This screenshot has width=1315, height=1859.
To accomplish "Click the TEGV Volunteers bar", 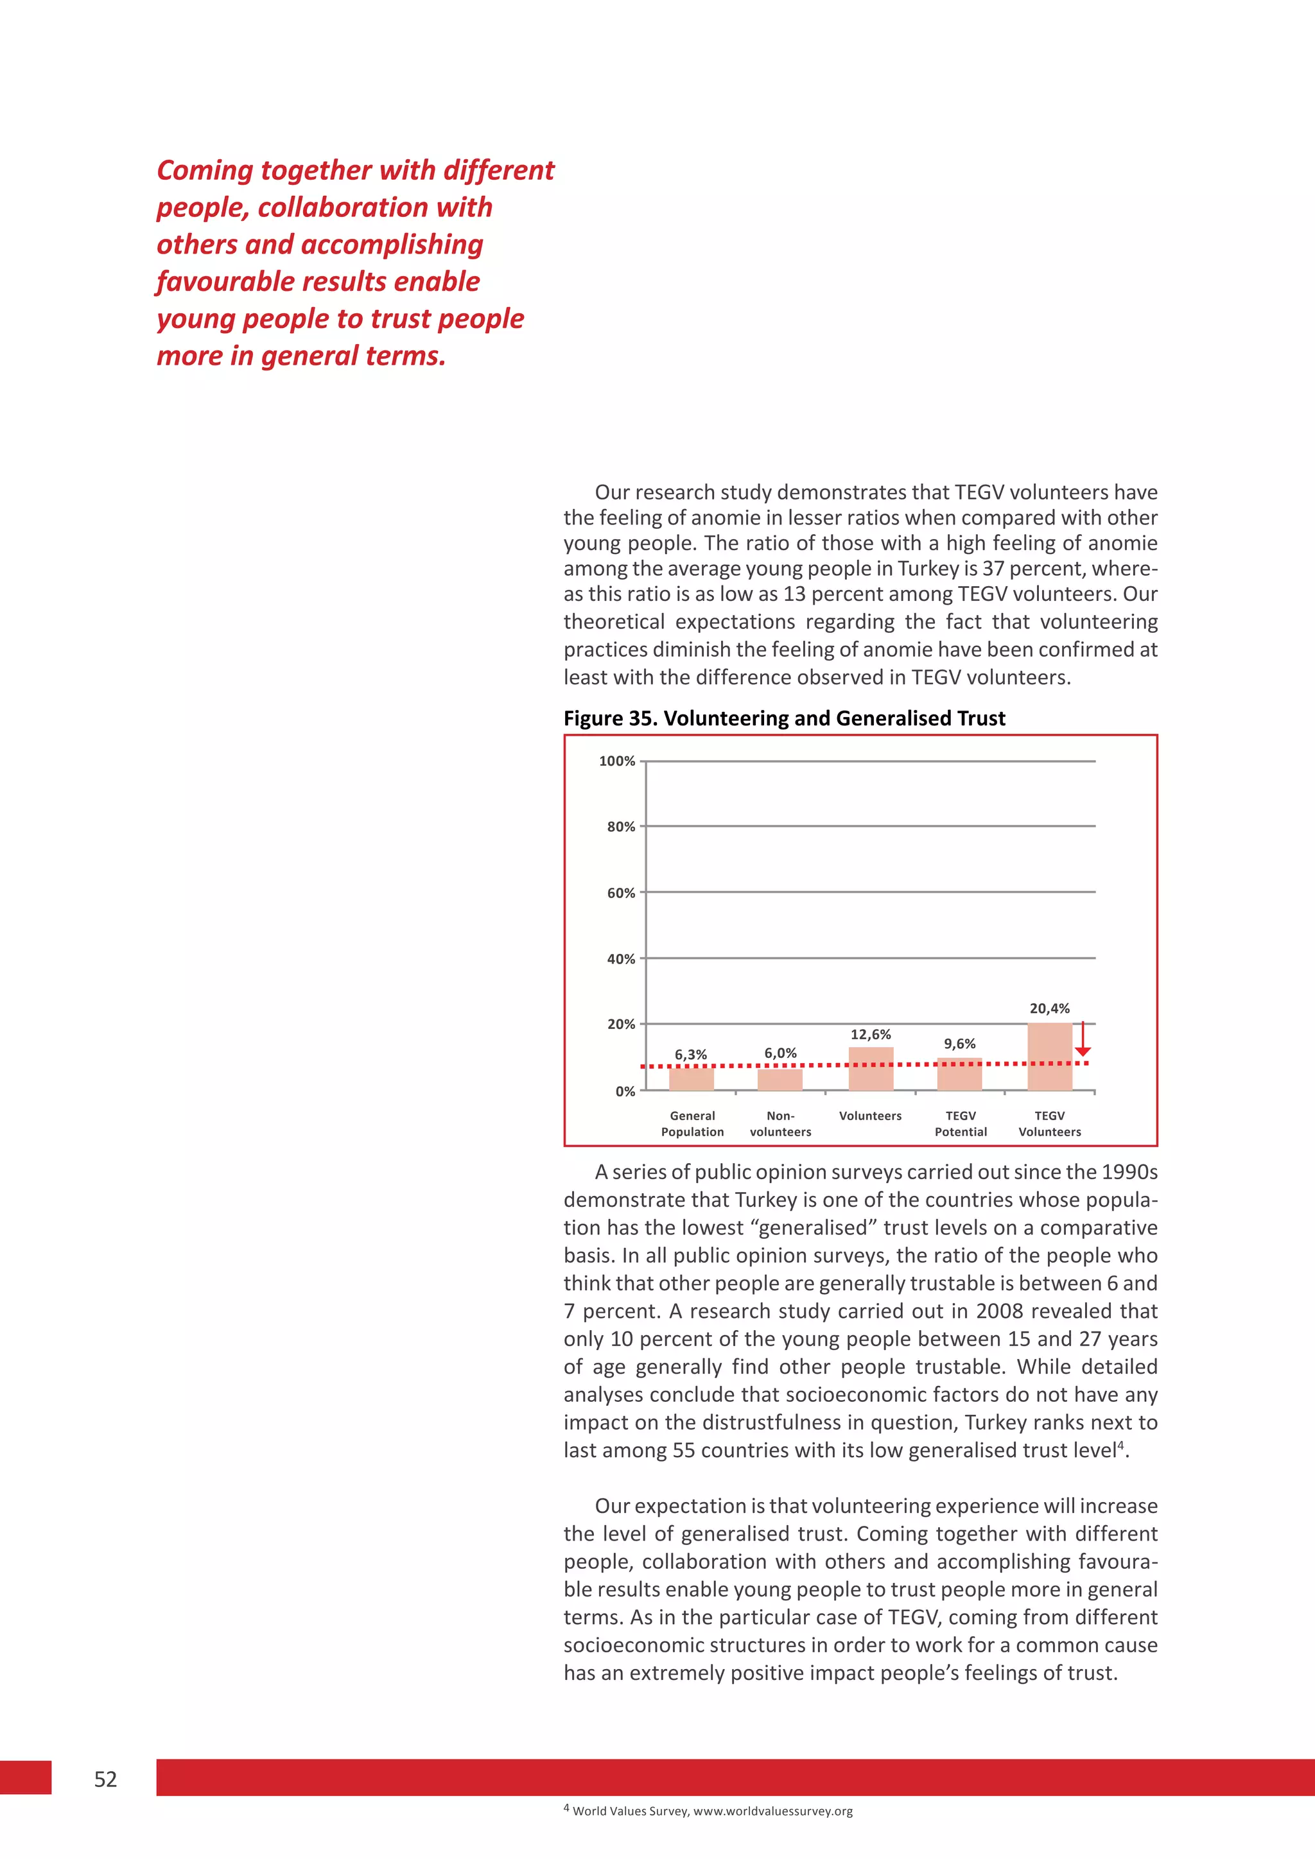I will [1049, 1057].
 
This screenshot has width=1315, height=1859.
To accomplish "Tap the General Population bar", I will [692, 1079].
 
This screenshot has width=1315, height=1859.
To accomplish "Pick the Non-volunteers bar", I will [779, 1080].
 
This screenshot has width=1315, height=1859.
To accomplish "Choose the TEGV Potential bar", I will [959, 1075].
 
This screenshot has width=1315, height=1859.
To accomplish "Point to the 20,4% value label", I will [1049, 1008].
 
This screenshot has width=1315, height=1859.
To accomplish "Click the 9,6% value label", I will [959, 1044].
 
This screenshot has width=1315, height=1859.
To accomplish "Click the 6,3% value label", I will [691, 1054].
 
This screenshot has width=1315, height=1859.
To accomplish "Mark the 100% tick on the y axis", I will [617, 761].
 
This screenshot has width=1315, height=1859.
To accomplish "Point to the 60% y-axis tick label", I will [621, 893].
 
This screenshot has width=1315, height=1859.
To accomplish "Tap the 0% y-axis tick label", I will [625, 1091].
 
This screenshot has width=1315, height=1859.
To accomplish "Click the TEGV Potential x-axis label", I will [961, 1124].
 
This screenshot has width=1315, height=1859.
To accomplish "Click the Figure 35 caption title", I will [784, 718].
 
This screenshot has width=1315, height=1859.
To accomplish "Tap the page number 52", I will [105, 1779].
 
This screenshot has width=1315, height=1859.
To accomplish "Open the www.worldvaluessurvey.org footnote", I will [772, 1811].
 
